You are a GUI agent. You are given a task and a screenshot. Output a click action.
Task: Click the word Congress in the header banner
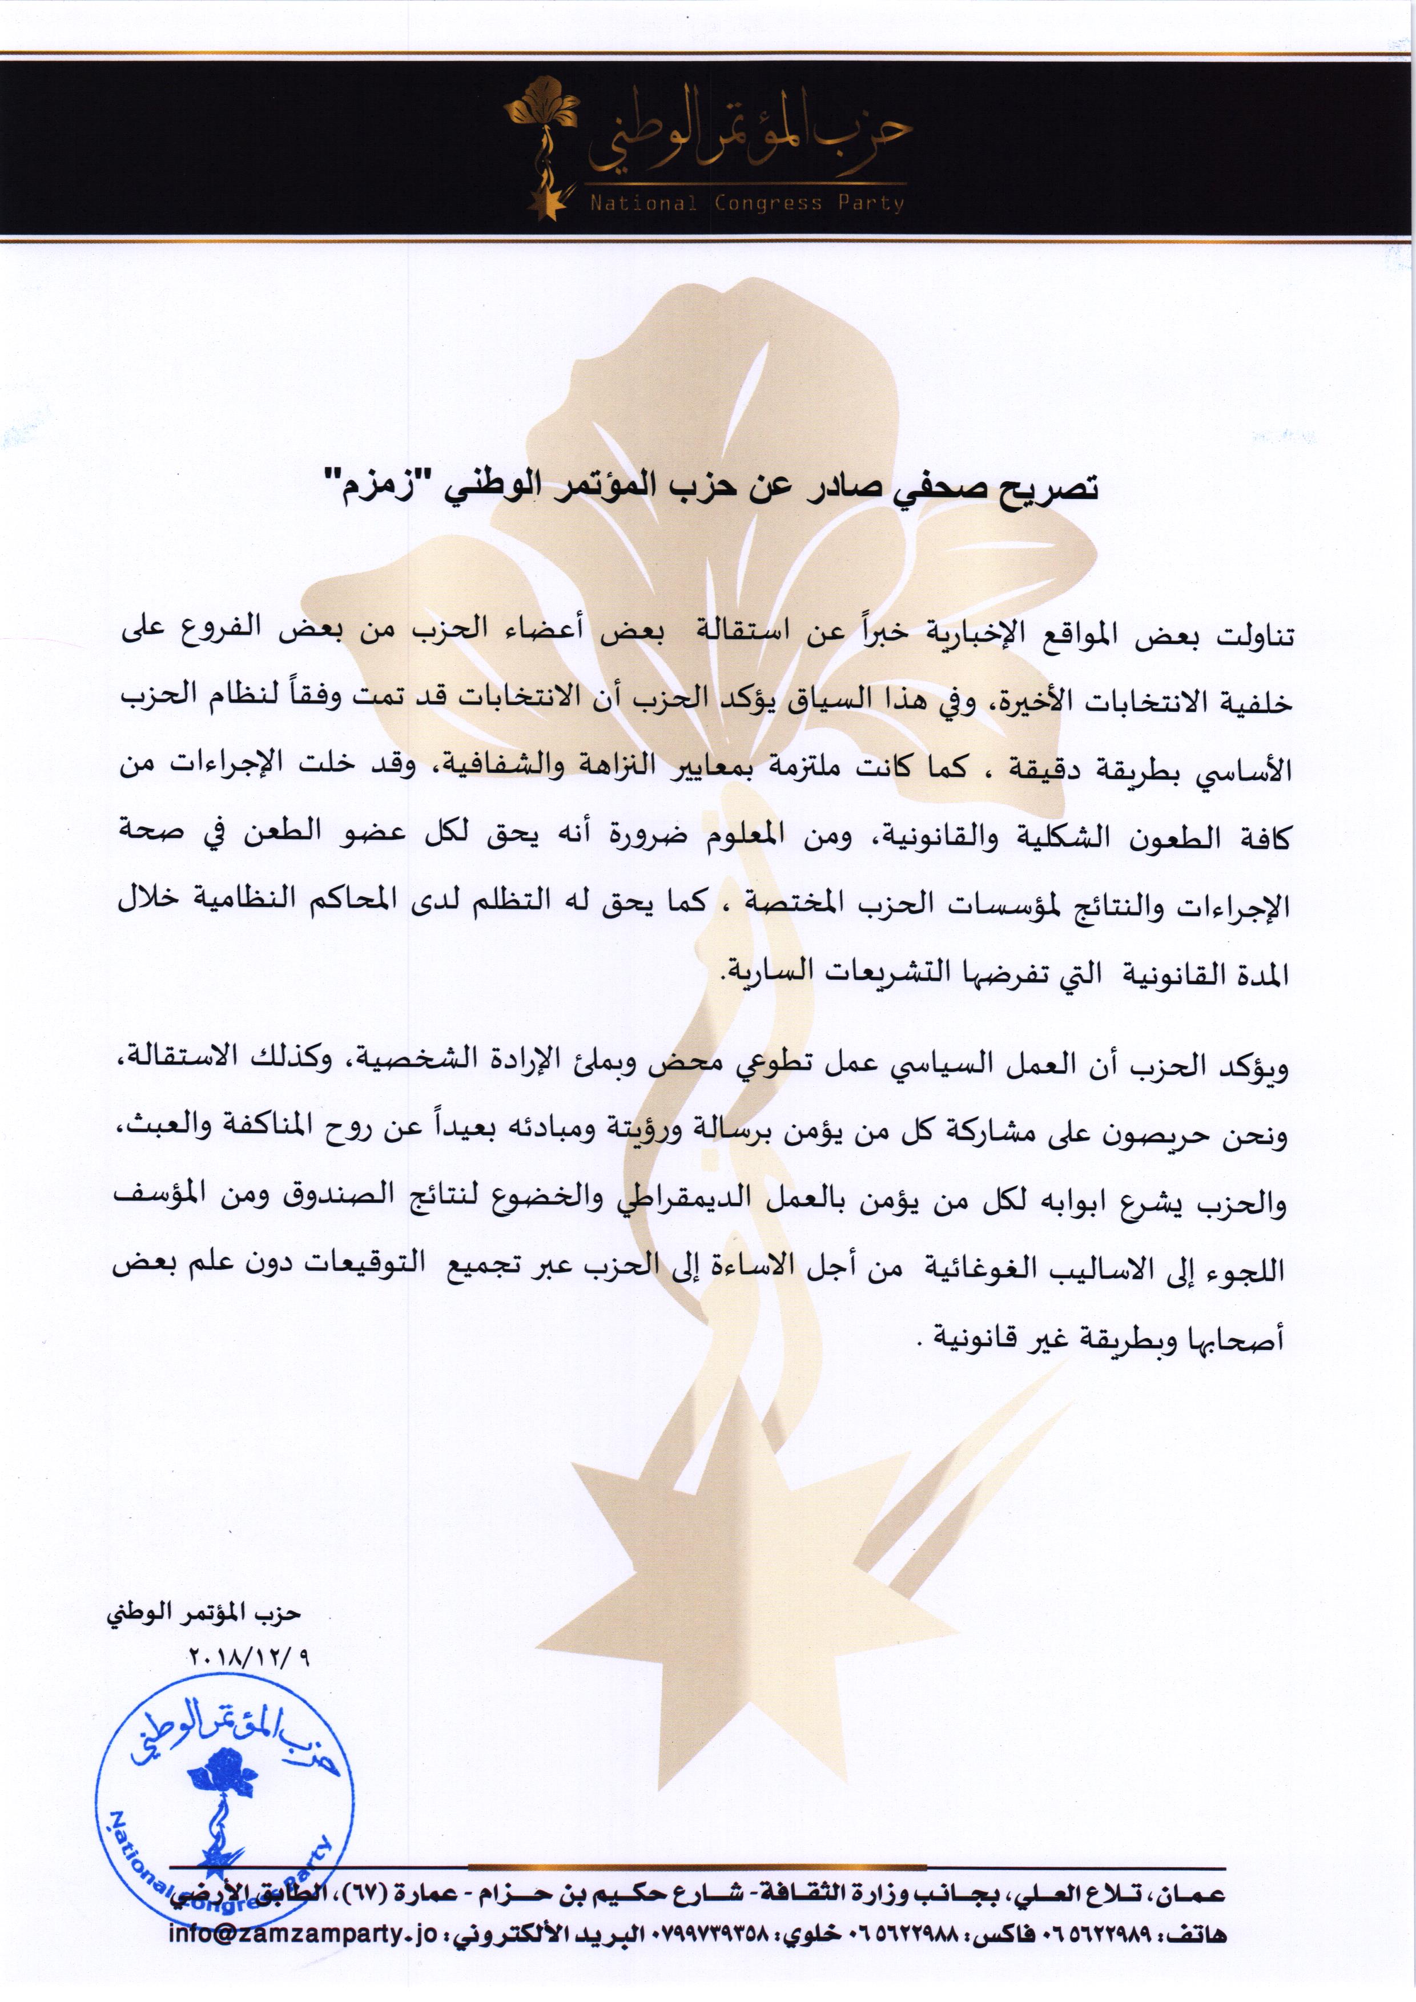(767, 203)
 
